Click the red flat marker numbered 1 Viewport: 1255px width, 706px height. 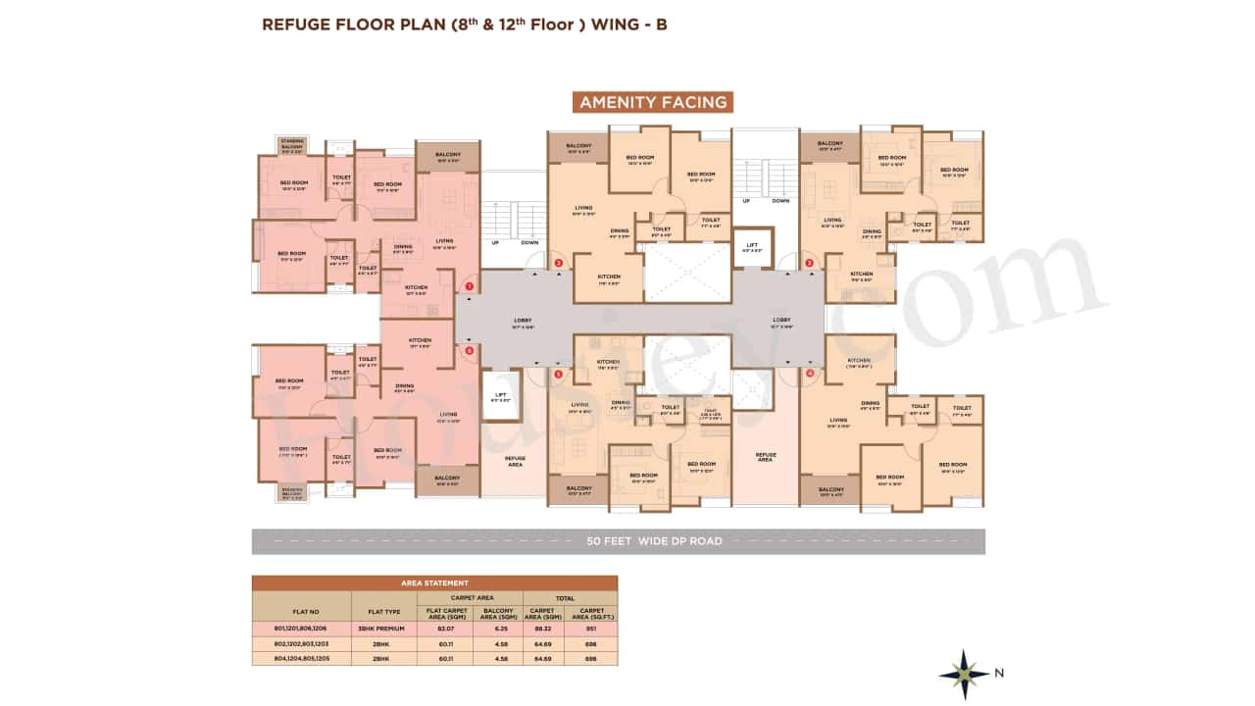[470, 286]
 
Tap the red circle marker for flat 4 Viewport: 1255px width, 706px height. [810, 373]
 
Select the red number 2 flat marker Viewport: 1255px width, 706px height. [558, 263]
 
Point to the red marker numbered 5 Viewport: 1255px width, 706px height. [558, 374]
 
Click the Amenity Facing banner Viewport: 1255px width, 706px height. [653, 102]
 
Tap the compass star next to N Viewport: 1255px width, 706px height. [963, 674]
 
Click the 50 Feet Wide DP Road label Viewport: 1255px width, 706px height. [654, 541]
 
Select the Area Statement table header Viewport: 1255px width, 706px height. [434, 582]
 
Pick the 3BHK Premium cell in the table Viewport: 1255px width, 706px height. [383, 628]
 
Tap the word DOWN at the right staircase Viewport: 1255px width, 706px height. [780, 201]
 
